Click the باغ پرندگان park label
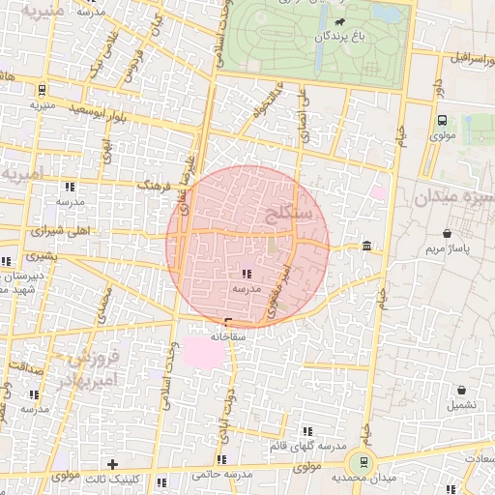coord(339,36)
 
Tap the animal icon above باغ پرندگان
coord(339,20)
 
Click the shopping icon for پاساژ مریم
coord(447,234)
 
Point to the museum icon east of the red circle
coord(366,247)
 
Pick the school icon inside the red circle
coord(244,274)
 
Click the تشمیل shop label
coord(460,405)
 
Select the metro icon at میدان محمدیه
coord(364,462)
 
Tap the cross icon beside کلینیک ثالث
coord(112,464)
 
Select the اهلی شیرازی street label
coord(58,232)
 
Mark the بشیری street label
coord(41,257)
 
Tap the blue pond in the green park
coord(386,15)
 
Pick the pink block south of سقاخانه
coord(207,351)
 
